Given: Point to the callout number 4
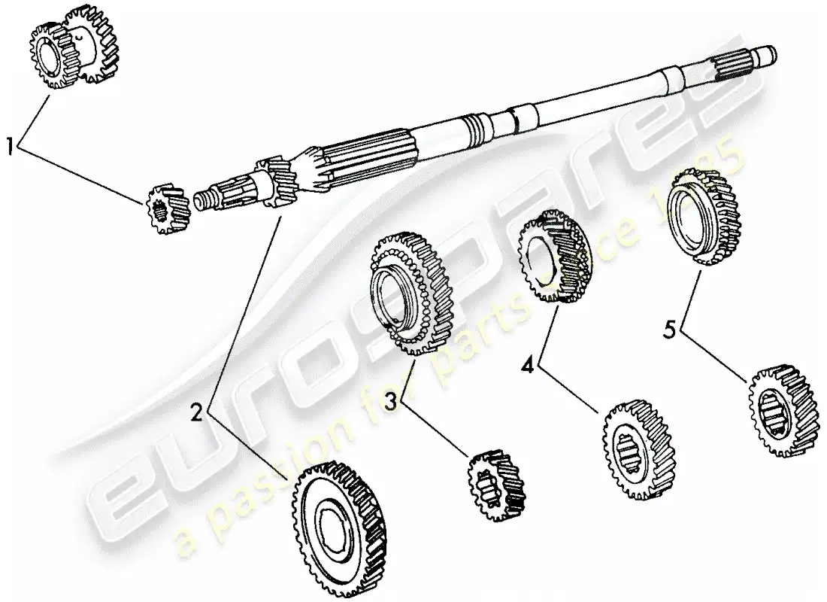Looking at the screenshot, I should (529, 366).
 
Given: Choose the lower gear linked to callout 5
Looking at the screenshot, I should (783, 411).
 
